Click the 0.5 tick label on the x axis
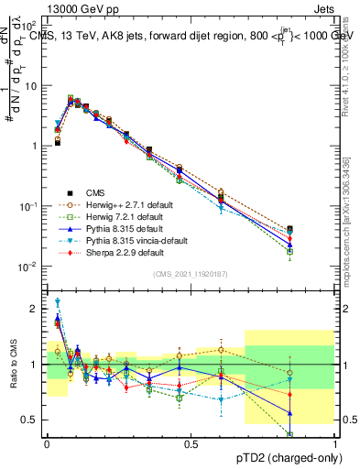coord(191,442)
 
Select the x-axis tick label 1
coord(335,442)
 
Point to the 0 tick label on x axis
coord(47,442)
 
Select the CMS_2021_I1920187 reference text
coord(191,273)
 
